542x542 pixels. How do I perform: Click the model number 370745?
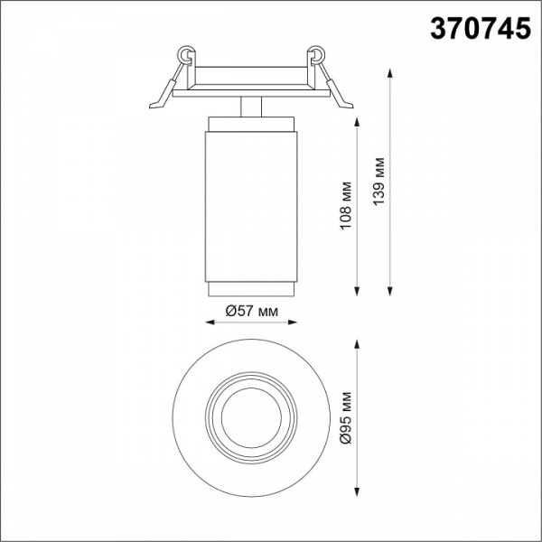(481, 29)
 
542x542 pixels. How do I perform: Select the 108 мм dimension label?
(346, 205)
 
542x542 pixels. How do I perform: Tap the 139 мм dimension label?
(378, 182)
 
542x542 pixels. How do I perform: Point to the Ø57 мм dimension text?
(251, 311)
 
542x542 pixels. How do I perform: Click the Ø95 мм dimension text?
(346, 418)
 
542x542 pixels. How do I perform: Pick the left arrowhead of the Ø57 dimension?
(210, 322)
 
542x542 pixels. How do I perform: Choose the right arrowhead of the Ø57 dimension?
(293, 322)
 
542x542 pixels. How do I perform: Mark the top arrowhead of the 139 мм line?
(390, 74)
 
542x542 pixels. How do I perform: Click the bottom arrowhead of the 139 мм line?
(390, 292)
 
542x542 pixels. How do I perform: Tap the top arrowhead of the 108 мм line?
(357, 122)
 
